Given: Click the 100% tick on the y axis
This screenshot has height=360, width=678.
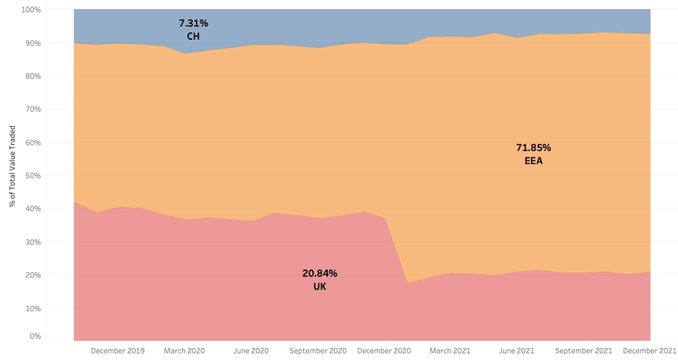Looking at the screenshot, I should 32,10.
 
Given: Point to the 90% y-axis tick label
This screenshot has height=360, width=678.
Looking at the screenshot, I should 33,43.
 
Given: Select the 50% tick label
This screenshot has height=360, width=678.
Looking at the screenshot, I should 33,175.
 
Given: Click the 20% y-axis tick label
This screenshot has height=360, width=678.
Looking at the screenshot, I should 33,275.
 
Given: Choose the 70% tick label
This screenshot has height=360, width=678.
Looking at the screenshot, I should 33,109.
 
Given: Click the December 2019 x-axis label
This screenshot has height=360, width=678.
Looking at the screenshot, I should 118,351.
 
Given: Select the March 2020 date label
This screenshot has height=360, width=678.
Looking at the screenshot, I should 184,351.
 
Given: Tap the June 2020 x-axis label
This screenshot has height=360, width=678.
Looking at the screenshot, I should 252,351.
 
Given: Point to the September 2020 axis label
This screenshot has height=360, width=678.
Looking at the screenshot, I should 318,351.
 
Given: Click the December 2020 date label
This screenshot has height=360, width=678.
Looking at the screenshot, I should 384,351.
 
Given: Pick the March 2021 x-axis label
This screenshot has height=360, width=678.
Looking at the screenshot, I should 450,351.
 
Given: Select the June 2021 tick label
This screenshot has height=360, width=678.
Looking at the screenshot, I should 516,351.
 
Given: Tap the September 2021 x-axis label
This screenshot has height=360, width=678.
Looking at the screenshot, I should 583,351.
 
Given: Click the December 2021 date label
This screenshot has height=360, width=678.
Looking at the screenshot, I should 650,351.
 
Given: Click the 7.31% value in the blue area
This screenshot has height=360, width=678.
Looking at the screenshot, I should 193,23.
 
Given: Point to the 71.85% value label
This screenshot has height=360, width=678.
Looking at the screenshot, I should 533,147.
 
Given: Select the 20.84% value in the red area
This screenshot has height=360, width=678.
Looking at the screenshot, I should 320,273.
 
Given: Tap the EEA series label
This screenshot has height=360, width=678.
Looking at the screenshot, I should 533,160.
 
